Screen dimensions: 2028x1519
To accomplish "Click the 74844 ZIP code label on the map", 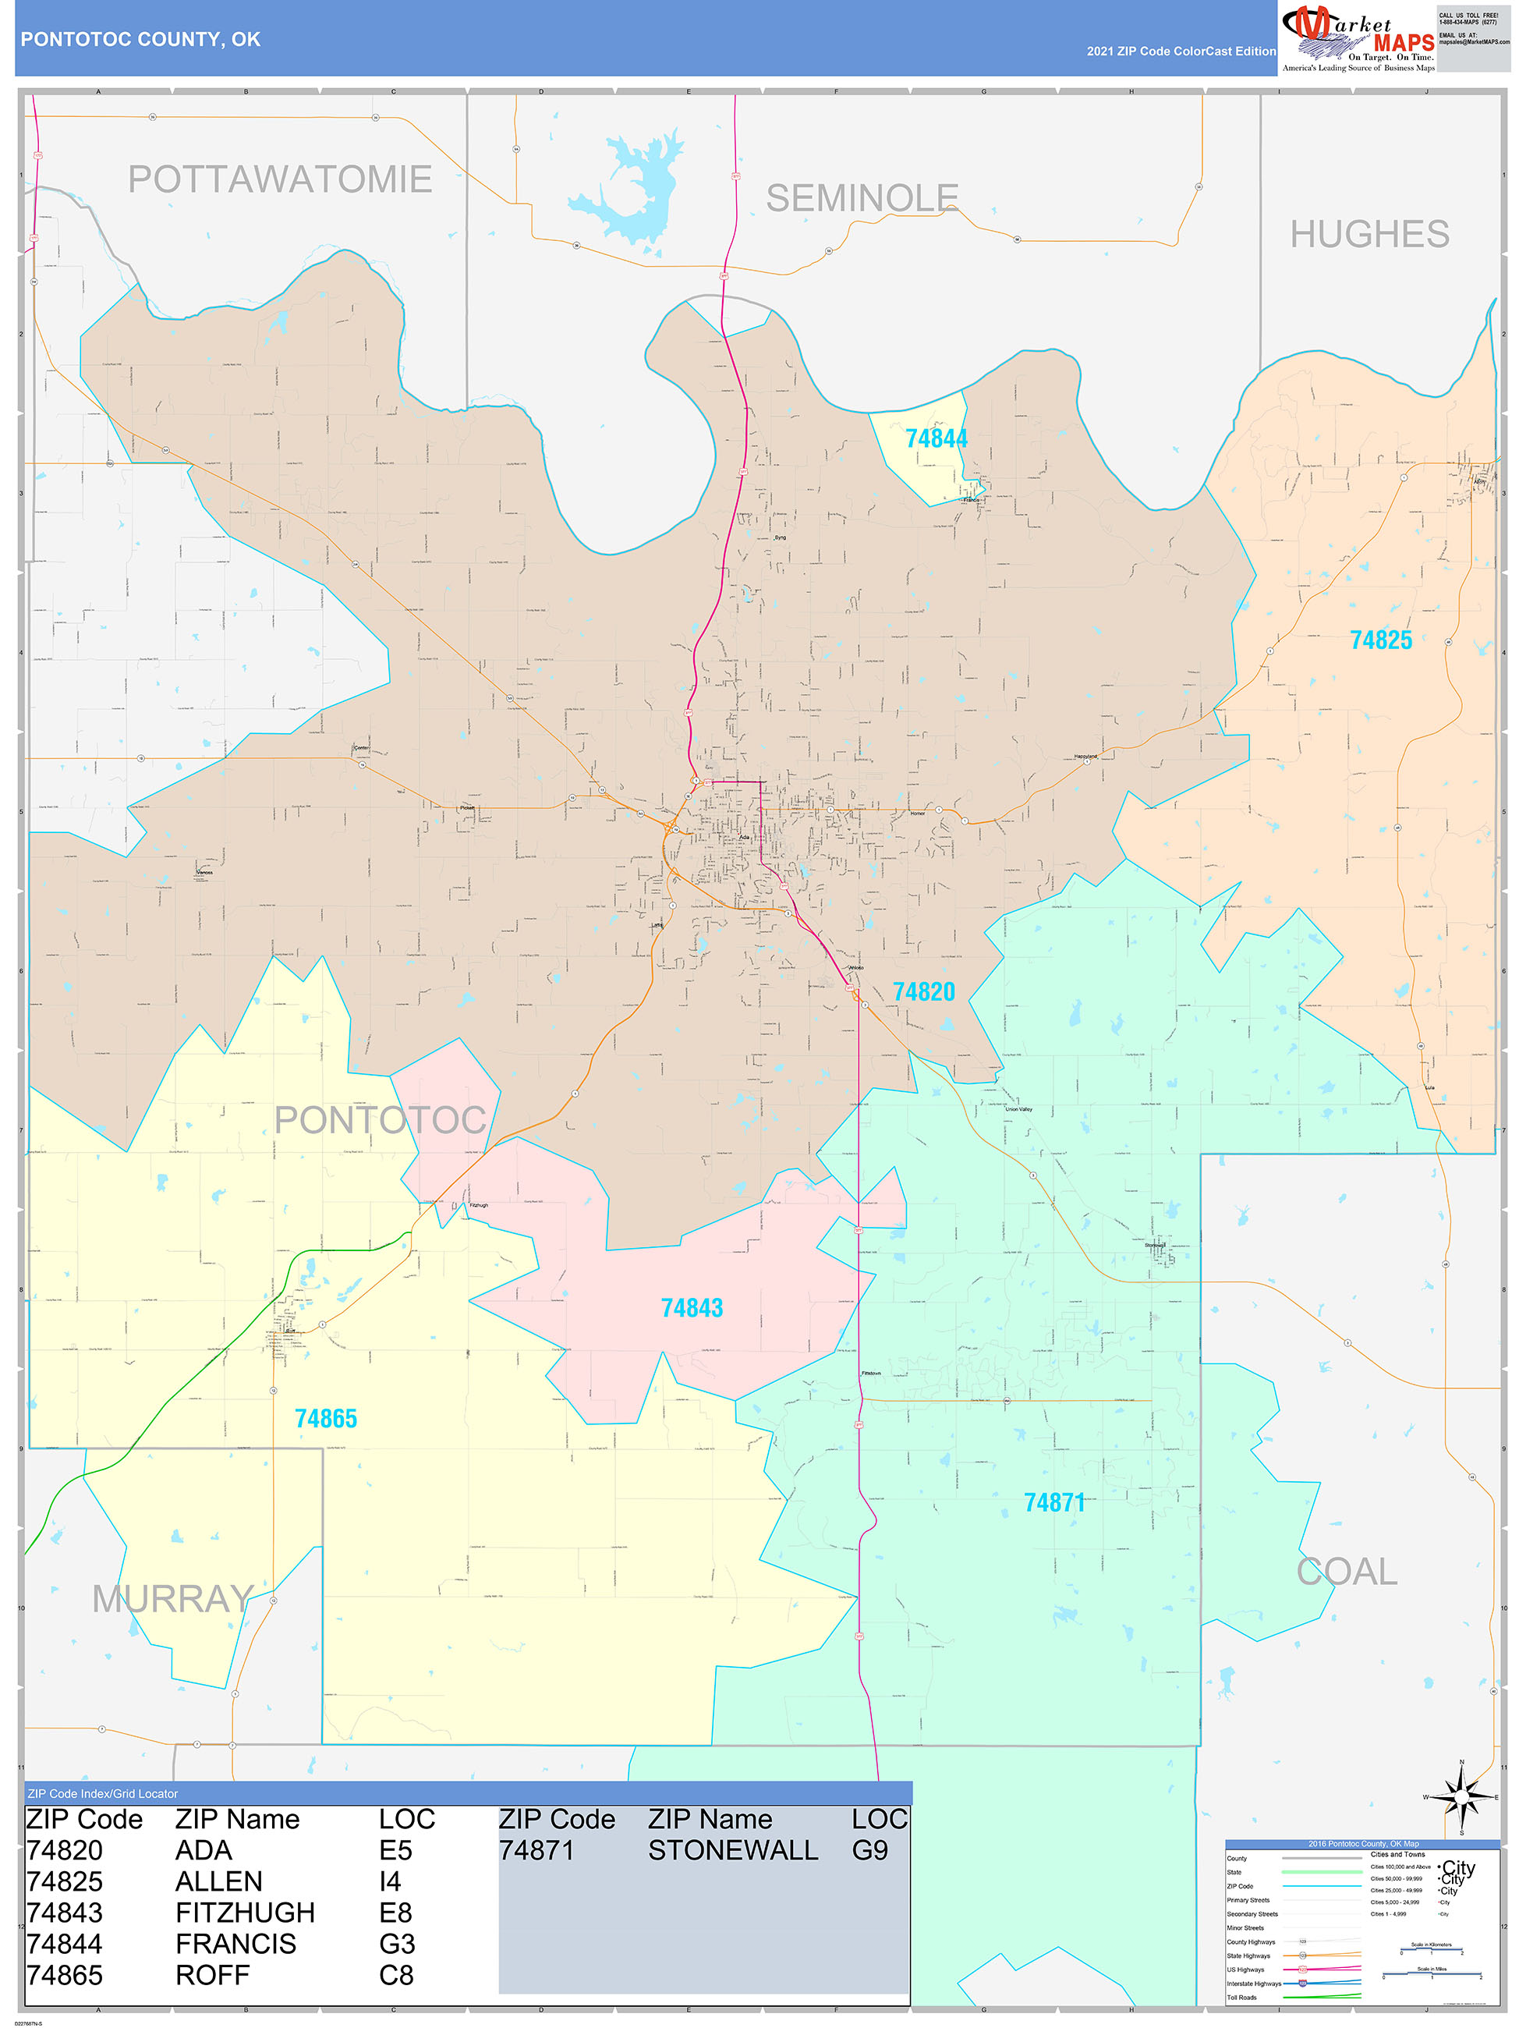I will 936,439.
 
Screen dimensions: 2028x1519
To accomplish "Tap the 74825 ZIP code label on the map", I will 1380,640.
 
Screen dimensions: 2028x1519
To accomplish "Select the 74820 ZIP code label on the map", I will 923,992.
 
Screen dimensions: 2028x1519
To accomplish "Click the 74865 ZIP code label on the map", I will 325,1420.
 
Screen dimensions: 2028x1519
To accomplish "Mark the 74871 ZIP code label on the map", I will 1054,1502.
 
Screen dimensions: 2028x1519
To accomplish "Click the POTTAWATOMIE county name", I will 280,179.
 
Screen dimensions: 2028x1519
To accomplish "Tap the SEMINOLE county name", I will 862,198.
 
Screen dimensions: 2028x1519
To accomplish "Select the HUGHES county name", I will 1369,235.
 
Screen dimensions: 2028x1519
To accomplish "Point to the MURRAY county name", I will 172,1600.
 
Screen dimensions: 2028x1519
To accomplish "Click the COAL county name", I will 1346,1572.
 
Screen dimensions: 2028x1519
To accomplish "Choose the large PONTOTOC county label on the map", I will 381,1119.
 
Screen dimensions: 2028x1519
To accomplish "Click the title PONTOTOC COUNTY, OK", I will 140,40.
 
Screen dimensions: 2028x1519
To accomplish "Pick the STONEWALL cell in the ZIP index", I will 732,1850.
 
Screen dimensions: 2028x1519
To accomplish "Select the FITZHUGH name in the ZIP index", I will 245,1913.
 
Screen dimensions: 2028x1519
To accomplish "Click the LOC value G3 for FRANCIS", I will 397,1944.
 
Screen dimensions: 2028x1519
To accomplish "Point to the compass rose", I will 1461,1797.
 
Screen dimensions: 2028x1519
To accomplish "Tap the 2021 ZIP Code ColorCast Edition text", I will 1181,51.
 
